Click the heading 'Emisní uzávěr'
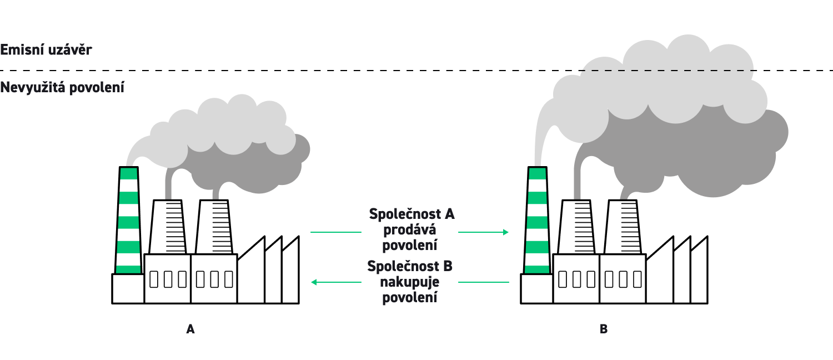point(46,49)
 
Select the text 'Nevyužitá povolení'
point(62,88)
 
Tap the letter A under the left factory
point(190,329)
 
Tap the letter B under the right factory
point(604,329)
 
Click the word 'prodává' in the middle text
point(411,229)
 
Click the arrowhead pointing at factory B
point(505,232)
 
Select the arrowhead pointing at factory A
point(314,282)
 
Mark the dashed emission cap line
point(389,71)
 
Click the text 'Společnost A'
point(411,214)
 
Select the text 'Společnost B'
point(410,267)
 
